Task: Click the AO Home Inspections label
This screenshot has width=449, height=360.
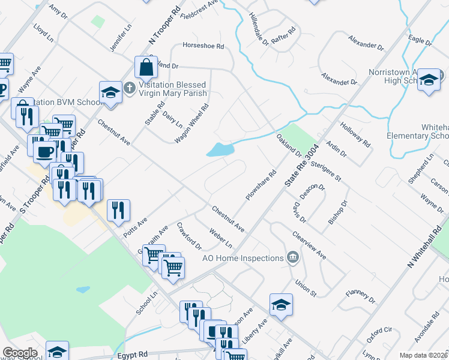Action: click(243, 258)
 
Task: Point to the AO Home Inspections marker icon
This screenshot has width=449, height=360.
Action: click(293, 257)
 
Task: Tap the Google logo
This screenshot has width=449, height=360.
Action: click(20, 353)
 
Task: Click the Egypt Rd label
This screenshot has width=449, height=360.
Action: click(133, 355)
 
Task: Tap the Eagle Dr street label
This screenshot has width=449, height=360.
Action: click(419, 40)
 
